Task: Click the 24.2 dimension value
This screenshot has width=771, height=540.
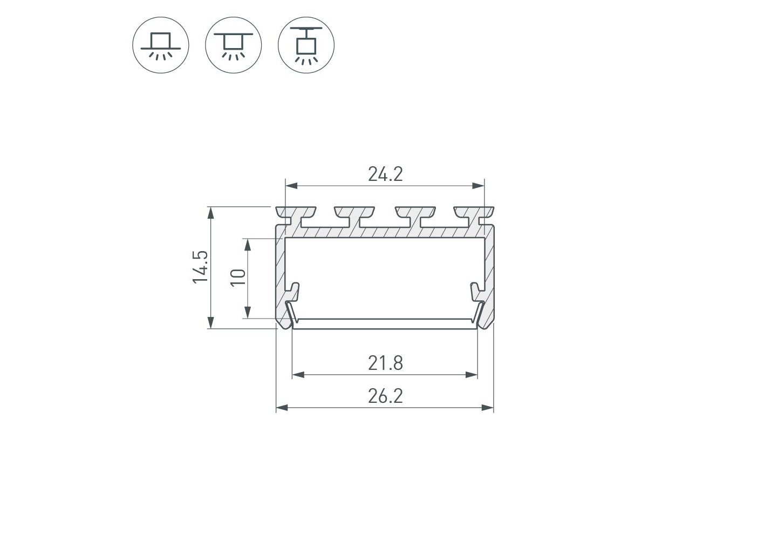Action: (385, 174)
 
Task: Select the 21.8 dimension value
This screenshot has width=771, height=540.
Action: (385, 363)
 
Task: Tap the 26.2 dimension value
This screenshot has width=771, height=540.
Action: (385, 396)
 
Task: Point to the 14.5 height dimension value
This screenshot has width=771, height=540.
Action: (200, 267)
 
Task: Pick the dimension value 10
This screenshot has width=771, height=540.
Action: (238, 278)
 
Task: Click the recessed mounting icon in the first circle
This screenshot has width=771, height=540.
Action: (161, 45)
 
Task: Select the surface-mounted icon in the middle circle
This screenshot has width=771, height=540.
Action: (234, 45)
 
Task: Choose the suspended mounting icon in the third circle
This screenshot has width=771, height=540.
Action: (306, 45)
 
